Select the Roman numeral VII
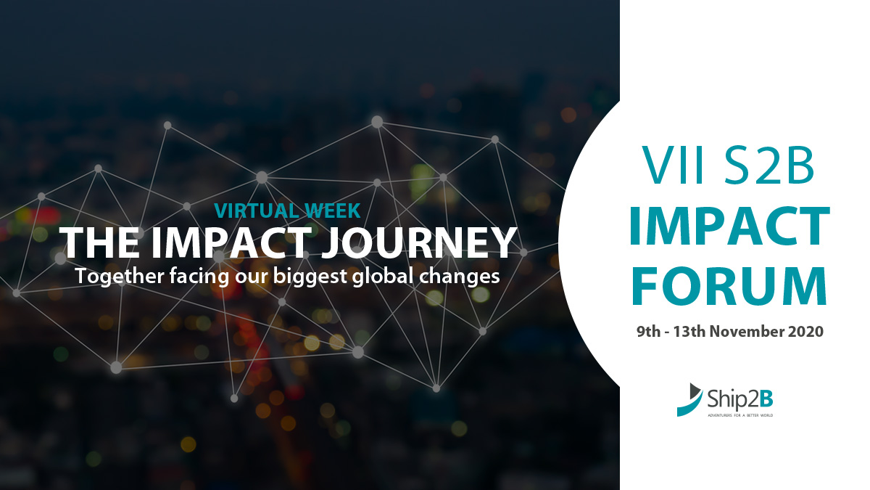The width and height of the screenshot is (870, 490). [x=669, y=166]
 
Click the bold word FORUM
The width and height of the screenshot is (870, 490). [x=729, y=287]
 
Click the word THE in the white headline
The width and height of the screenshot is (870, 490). [x=88, y=243]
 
